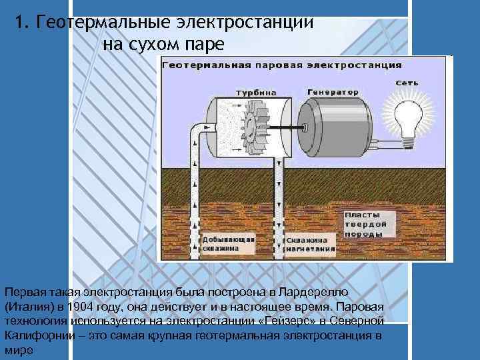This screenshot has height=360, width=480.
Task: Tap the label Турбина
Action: tap(252, 92)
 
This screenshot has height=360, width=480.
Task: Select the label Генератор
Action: tap(333, 91)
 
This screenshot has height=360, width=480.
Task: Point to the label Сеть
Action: tap(407, 83)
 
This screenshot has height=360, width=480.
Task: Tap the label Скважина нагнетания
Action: tap(307, 243)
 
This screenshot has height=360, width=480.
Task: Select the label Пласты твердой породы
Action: tap(363, 225)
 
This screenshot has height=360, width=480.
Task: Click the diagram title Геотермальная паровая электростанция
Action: tap(281, 65)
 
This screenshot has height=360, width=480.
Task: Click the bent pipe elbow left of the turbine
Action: tap(198, 132)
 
